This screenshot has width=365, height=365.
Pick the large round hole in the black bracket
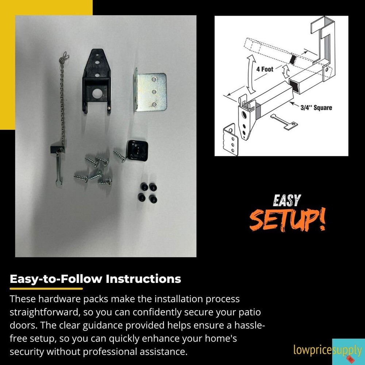[x=97, y=93]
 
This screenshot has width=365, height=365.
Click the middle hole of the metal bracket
[x=154, y=92]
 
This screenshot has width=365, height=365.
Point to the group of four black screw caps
[x=148, y=193]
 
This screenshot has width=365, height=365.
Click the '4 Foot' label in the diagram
[x=265, y=69]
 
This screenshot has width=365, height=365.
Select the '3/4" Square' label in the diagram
[x=316, y=108]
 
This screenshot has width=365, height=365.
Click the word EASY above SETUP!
[x=287, y=201]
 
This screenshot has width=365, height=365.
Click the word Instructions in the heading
[x=143, y=279]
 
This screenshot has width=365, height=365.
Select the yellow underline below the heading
[x=46, y=289]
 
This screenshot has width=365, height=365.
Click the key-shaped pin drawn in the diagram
[x=284, y=121]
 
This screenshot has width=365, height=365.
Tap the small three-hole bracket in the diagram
[x=231, y=140]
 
